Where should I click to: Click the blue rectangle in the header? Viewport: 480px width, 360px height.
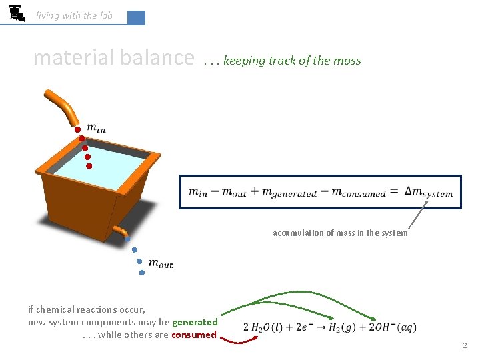[x=136, y=17]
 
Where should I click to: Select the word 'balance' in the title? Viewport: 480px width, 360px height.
[x=157, y=58]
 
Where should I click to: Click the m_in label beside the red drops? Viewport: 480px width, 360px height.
[x=96, y=129]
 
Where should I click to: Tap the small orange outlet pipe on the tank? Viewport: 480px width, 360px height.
[x=120, y=230]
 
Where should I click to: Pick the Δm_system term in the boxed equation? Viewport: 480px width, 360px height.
[x=429, y=192]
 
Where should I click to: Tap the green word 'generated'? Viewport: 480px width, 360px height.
[x=195, y=322]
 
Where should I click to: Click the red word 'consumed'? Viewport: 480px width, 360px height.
[x=194, y=335]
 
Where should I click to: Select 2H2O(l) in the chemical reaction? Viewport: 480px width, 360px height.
[x=267, y=327]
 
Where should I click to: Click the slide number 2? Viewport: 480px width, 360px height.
[x=465, y=346]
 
